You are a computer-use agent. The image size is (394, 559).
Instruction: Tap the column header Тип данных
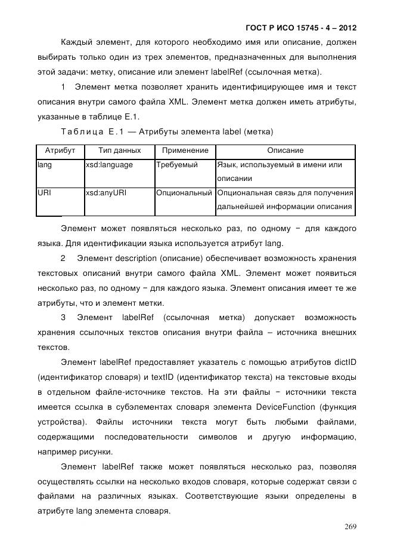[x=119, y=151]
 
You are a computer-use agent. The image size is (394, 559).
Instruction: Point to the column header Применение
[x=185, y=151]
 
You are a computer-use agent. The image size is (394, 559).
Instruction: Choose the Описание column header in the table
[x=285, y=151]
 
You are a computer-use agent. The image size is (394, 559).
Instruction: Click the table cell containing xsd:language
[x=109, y=165]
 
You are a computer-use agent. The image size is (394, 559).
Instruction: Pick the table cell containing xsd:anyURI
[x=106, y=193]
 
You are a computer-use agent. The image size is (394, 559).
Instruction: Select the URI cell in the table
[x=44, y=193]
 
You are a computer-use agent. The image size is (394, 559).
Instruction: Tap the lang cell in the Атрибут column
[x=44, y=165]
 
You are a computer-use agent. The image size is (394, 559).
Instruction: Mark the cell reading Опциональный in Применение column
[x=184, y=193]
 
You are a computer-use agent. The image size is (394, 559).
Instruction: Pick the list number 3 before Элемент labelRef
[x=63, y=317]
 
